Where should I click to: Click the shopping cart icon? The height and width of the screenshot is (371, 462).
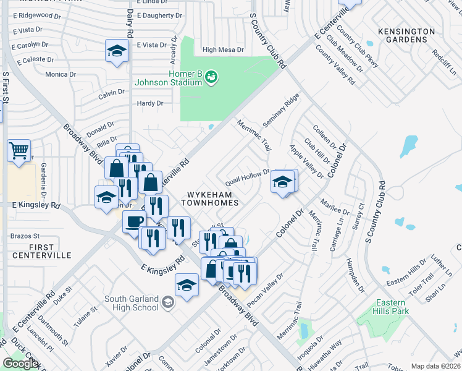(19, 150)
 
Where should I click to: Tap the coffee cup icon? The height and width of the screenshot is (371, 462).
(134, 221)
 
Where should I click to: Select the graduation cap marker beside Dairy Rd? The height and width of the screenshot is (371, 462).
(116, 51)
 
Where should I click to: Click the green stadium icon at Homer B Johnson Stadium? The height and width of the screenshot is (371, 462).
(212, 76)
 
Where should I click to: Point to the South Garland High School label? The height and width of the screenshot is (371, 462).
(132, 303)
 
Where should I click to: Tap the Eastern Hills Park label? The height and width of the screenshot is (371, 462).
(391, 307)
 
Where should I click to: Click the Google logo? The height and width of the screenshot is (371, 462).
(20, 364)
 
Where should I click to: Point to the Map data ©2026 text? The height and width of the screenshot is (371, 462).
(435, 366)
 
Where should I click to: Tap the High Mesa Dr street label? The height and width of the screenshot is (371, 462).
(223, 49)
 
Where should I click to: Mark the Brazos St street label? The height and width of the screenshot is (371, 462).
(25, 236)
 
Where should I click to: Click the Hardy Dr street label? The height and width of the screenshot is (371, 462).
(150, 103)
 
